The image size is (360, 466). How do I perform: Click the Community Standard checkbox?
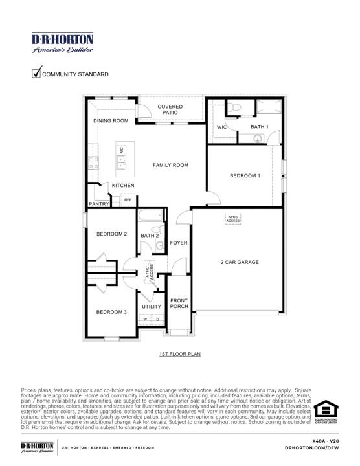pos(36,73)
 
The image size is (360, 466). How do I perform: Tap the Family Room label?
pos(170,165)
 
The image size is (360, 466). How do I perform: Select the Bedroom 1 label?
pos(245,175)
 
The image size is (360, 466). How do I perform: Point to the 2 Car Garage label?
pos(239,262)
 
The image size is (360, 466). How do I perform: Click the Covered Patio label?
pos(170,109)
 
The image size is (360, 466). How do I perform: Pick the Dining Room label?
pos(111,121)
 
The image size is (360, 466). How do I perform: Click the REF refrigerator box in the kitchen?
pos(128,201)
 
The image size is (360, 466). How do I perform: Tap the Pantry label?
pos(98,204)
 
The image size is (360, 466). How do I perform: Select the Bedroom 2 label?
pos(111,234)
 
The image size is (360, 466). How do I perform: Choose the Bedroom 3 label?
pos(111,312)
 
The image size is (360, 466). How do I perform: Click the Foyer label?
pos(179,243)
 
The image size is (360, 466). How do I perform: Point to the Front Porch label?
pos(179,304)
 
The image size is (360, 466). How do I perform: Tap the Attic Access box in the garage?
pos(233,219)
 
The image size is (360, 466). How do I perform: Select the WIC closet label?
pos(222,127)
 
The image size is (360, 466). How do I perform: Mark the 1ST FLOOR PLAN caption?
pos(180,355)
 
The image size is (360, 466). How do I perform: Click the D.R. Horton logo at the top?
pos(62,42)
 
